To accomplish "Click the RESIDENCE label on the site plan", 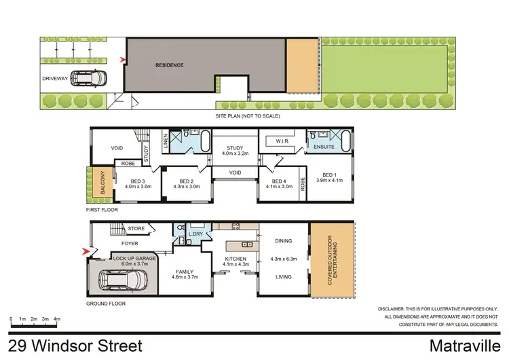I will pyautogui.click(x=169, y=65).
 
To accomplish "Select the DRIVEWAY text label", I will pyautogui.click(x=55, y=79).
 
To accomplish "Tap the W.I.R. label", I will pyautogui.click(x=283, y=142).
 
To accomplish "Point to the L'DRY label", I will pyautogui.click(x=197, y=234).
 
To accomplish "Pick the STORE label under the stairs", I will pyautogui.click(x=136, y=229).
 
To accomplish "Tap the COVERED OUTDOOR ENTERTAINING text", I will pyautogui.click(x=333, y=258).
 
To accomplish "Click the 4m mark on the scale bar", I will pyautogui.click(x=57, y=319).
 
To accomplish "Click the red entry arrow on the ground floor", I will pyautogui.click(x=85, y=252).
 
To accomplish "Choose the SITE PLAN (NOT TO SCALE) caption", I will pyautogui.click(x=248, y=116).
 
